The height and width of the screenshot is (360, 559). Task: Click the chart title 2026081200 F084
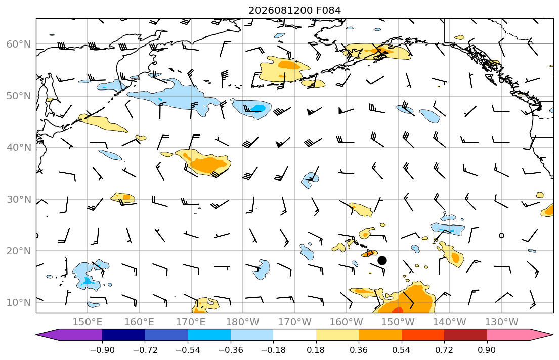[x=294, y=10]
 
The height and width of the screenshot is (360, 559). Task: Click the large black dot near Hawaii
[x=382, y=260]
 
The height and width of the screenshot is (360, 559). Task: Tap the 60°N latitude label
[x=19, y=44]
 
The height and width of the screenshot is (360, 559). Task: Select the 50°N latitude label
[x=19, y=96]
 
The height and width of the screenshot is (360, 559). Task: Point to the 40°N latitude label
[x=19, y=148]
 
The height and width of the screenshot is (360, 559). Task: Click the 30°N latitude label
[x=19, y=199]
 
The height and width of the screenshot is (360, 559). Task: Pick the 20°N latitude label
[x=19, y=251]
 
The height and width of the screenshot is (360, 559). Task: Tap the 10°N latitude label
[x=19, y=303]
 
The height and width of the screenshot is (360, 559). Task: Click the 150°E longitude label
[x=88, y=322]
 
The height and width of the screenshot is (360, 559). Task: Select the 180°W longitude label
[x=243, y=322]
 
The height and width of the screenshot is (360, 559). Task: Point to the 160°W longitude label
[x=346, y=322]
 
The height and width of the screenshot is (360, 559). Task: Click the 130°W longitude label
[x=501, y=322]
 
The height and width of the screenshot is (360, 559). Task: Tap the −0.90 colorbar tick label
[x=102, y=350]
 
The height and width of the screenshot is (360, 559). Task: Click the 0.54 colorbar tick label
[x=402, y=350]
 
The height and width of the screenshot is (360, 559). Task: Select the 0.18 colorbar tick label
[x=316, y=350]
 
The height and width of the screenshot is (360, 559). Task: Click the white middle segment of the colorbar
[x=294, y=335]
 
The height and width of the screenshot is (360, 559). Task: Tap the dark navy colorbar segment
[x=123, y=335]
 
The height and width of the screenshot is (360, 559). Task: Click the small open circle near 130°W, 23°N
[x=501, y=235]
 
